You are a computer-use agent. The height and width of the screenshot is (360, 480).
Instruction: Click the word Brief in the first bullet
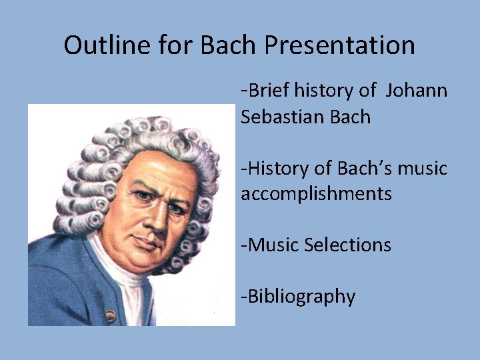click(x=269, y=90)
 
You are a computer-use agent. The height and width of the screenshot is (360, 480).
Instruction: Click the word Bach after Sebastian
click(x=349, y=117)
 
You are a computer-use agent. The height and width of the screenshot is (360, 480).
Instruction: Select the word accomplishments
click(x=316, y=194)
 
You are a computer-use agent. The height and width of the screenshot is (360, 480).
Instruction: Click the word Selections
click(x=347, y=245)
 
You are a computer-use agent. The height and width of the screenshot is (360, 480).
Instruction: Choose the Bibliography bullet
click(x=298, y=296)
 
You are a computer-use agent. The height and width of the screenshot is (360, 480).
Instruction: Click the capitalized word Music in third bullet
click(x=273, y=245)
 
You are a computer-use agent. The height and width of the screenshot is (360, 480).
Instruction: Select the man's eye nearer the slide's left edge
click(x=141, y=197)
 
